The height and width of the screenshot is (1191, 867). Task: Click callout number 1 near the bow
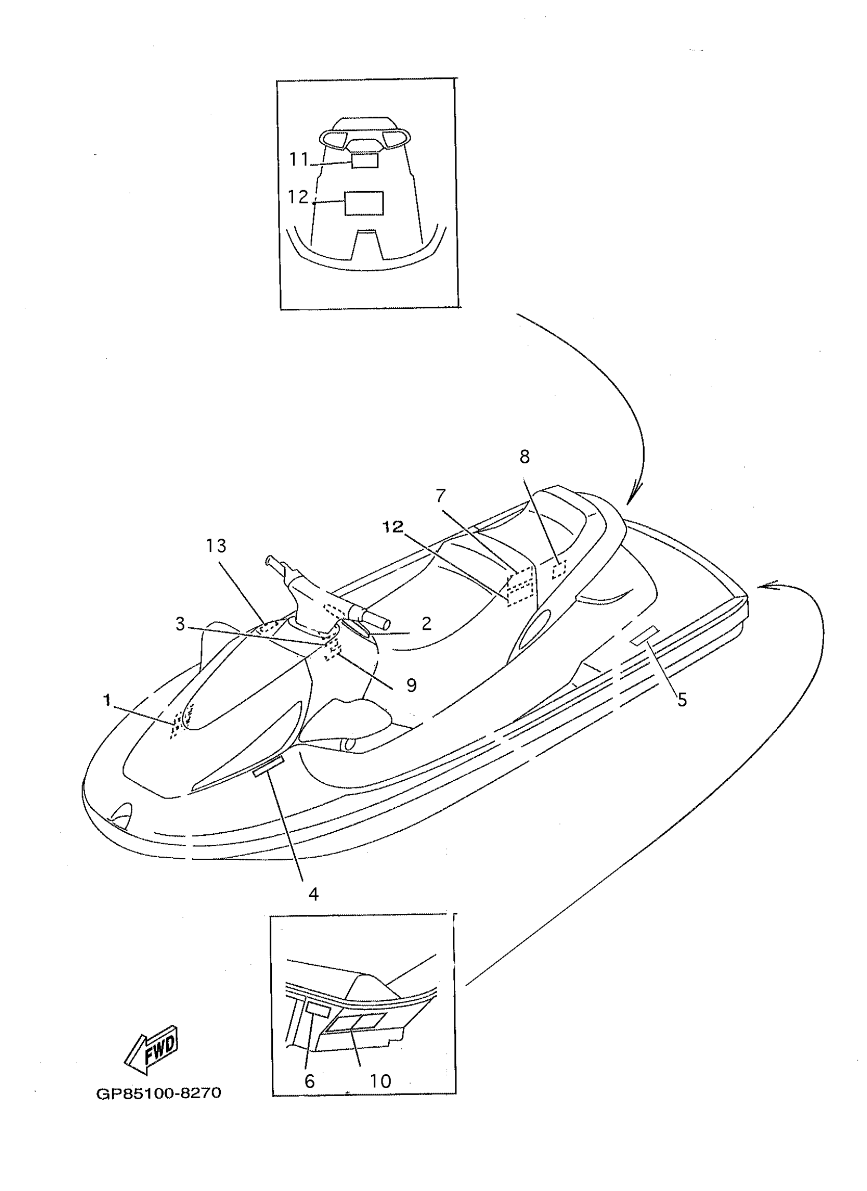click(107, 700)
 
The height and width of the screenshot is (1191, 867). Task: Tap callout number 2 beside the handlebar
click(426, 623)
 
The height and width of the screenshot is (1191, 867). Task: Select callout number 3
click(180, 624)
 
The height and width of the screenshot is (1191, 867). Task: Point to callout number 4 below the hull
click(314, 894)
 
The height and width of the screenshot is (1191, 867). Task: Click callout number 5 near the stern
click(682, 700)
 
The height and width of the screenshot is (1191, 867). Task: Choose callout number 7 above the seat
click(441, 495)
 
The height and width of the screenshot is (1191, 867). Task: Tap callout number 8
click(524, 457)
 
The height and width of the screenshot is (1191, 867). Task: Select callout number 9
click(412, 685)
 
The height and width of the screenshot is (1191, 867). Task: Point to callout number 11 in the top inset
click(299, 159)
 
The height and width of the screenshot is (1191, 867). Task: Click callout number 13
click(216, 546)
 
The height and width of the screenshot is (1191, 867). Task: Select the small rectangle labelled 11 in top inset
click(365, 160)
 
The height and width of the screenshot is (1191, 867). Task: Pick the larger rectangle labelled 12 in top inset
click(364, 203)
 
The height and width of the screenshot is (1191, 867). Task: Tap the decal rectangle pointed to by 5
click(646, 634)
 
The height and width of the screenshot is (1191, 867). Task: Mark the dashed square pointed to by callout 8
click(559, 569)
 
